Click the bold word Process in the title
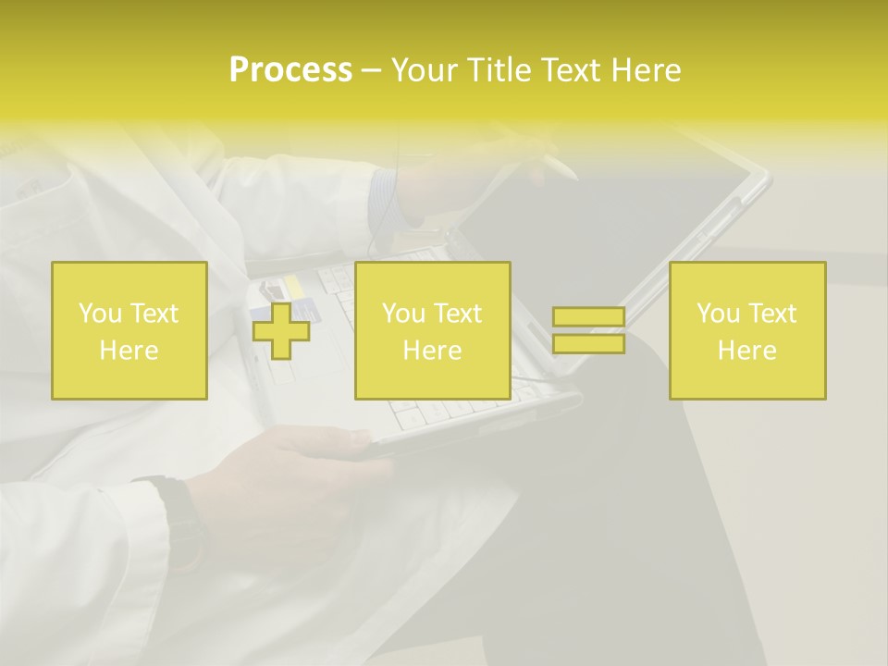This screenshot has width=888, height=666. pyautogui.click(x=290, y=70)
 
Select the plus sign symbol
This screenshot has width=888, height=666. pyautogui.click(x=280, y=330)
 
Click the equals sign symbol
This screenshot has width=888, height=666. pyautogui.click(x=588, y=330)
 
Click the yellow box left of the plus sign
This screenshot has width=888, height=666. pyautogui.click(x=129, y=330)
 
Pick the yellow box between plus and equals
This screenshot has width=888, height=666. pyautogui.click(x=432, y=330)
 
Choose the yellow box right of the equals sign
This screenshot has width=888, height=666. pyautogui.click(x=747, y=330)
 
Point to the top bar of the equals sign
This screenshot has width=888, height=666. pyautogui.click(x=588, y=317)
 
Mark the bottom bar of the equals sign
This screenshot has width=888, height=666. pyautogui.click(x=588, y=344)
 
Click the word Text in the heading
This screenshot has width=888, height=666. pyautogui.click(x=573, y=70)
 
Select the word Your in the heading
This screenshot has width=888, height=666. pyautogui.click(x=423, y=70)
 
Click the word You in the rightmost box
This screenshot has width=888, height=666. pyautogui.click(x=718, y=314)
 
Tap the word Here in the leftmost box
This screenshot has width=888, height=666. pyautogui.click(x=129, y=351)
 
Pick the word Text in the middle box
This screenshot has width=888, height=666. pyautogui.click(x=457, y=314)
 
